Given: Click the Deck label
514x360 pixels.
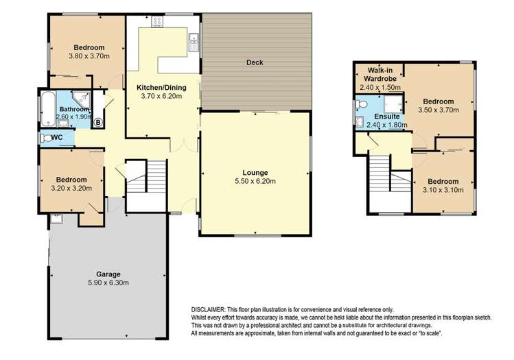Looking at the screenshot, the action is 255,62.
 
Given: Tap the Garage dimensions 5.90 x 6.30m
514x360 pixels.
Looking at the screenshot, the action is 108,283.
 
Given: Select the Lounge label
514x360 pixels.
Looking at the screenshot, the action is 255,173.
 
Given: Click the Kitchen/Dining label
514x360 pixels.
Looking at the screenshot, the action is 161,88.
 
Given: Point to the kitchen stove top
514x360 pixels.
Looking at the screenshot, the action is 156,22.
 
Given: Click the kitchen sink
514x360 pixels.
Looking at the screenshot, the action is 194,43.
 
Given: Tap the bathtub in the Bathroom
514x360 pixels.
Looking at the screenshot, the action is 48,109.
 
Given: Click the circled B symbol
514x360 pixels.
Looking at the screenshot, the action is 97,123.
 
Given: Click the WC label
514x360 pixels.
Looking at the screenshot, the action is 57,137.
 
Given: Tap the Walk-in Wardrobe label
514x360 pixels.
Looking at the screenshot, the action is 380,74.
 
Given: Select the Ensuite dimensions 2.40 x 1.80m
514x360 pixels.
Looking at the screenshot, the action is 387,125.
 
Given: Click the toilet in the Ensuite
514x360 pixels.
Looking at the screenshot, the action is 361,105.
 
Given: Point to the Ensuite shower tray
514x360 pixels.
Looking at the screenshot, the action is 393,104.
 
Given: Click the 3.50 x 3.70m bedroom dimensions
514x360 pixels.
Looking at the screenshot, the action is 439,110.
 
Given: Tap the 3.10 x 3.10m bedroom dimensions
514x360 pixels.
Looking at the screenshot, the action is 443,190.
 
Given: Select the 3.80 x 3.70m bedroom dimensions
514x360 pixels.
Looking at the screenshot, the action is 89,56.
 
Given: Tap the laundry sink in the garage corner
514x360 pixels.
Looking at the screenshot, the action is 57,219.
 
